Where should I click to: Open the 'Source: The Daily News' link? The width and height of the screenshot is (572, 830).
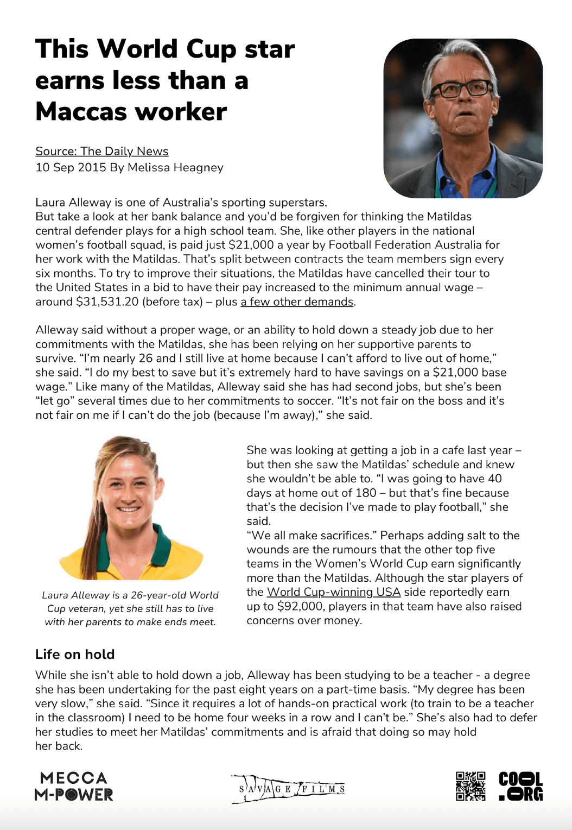102,152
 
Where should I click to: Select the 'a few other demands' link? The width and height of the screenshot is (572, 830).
297,302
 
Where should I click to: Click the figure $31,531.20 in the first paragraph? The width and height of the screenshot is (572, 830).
107,302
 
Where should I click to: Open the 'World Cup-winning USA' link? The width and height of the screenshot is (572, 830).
334,592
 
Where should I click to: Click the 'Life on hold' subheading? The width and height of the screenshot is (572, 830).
75,655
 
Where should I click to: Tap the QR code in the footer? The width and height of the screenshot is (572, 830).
471,786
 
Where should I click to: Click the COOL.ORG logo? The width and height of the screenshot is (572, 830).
520,786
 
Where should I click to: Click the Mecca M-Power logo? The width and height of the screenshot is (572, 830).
74,786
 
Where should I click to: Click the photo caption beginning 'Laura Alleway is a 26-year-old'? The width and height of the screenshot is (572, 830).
130,608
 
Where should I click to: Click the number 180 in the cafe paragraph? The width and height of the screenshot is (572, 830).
365,493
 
